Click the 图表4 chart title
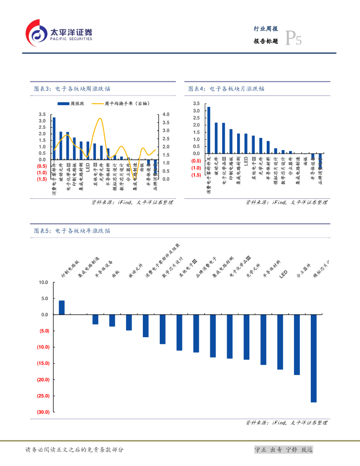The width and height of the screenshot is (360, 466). tap(226, 89)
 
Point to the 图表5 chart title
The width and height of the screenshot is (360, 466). tap(72, 231)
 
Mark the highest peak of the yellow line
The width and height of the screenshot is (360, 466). tap(100, 119)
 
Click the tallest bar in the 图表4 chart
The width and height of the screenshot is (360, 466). tap(208, 130)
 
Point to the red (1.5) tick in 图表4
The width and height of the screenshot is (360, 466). tap(196, 175)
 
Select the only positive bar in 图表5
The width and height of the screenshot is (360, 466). tap(61, 307)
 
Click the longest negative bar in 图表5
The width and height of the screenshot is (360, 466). tap(314, 358)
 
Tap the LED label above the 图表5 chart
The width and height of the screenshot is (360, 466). tap(283, 274)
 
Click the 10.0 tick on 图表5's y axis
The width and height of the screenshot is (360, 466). tap(43, 282)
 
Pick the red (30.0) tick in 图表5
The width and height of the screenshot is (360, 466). tap(42, 412)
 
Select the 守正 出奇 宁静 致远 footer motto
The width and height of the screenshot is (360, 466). tap(283, 450)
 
